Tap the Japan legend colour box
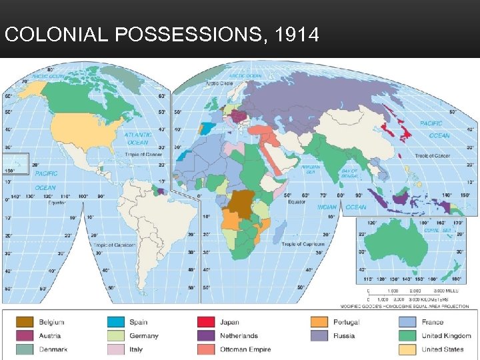coord(205,323)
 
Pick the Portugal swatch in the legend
coord(319,323)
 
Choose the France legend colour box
coord(408,323)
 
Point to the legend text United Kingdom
coord(446,336)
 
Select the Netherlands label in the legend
coord(239,336)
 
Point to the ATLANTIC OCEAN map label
coord(137,139)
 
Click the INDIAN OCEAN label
coord(337,207)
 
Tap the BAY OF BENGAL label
coord(349,173)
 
